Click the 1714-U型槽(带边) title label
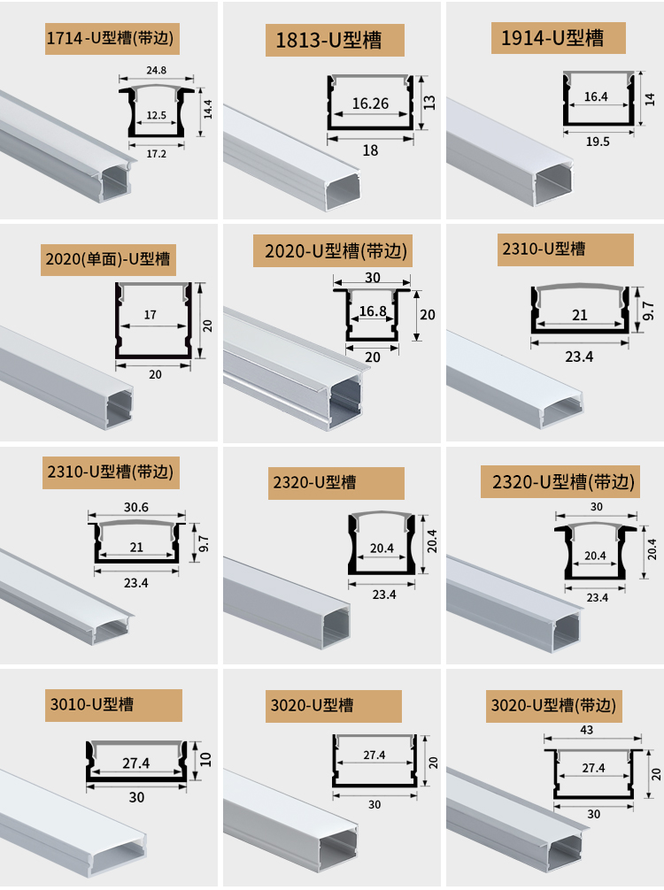coord(112,39)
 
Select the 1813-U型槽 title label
coord(336,41)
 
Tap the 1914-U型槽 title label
coord(559,38)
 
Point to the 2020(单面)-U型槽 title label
coord(108,260)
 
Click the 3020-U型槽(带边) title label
coord(552,706)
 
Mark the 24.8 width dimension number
coord(157,70)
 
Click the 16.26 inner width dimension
coord(370,104)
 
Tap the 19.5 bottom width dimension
coord(598,140)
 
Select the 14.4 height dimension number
coord(208,110)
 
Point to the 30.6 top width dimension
coord(136,507)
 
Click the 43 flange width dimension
coord(588,731)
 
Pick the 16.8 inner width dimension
coord(373,311)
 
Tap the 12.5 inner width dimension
coord(157,115)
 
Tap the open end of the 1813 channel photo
coord(344,189)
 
